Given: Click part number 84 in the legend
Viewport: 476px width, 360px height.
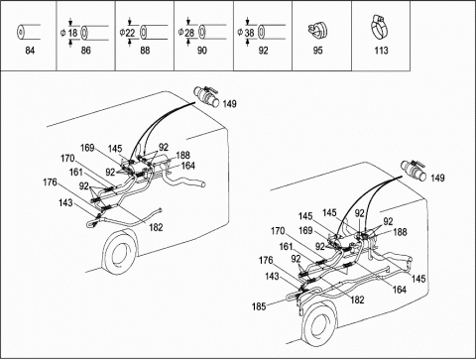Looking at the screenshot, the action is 30,51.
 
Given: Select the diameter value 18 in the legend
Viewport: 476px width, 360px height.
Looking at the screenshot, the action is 73,33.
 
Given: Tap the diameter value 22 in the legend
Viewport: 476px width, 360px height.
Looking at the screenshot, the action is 130,33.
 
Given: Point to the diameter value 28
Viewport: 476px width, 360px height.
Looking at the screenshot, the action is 189,33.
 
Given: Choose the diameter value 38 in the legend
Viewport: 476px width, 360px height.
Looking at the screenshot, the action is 249,33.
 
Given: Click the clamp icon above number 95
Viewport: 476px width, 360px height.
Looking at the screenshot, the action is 316,31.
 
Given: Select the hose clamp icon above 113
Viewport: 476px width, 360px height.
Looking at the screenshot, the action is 379,26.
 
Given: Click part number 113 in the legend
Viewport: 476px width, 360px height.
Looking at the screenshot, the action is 381,51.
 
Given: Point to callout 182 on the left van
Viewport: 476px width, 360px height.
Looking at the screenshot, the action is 156,227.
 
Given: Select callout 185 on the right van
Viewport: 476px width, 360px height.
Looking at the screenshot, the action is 259,306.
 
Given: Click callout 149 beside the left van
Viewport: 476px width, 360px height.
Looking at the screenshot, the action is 230,104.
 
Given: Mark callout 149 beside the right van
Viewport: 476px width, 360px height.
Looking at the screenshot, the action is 437,178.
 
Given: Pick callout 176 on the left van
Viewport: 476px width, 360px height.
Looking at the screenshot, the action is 50,182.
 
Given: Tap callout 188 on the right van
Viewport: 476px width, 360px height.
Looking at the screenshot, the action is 400,232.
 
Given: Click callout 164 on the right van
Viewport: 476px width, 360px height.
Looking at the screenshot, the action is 399,290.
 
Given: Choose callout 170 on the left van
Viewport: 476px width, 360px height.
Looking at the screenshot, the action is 67,159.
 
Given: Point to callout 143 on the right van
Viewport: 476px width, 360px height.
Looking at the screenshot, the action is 272,276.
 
